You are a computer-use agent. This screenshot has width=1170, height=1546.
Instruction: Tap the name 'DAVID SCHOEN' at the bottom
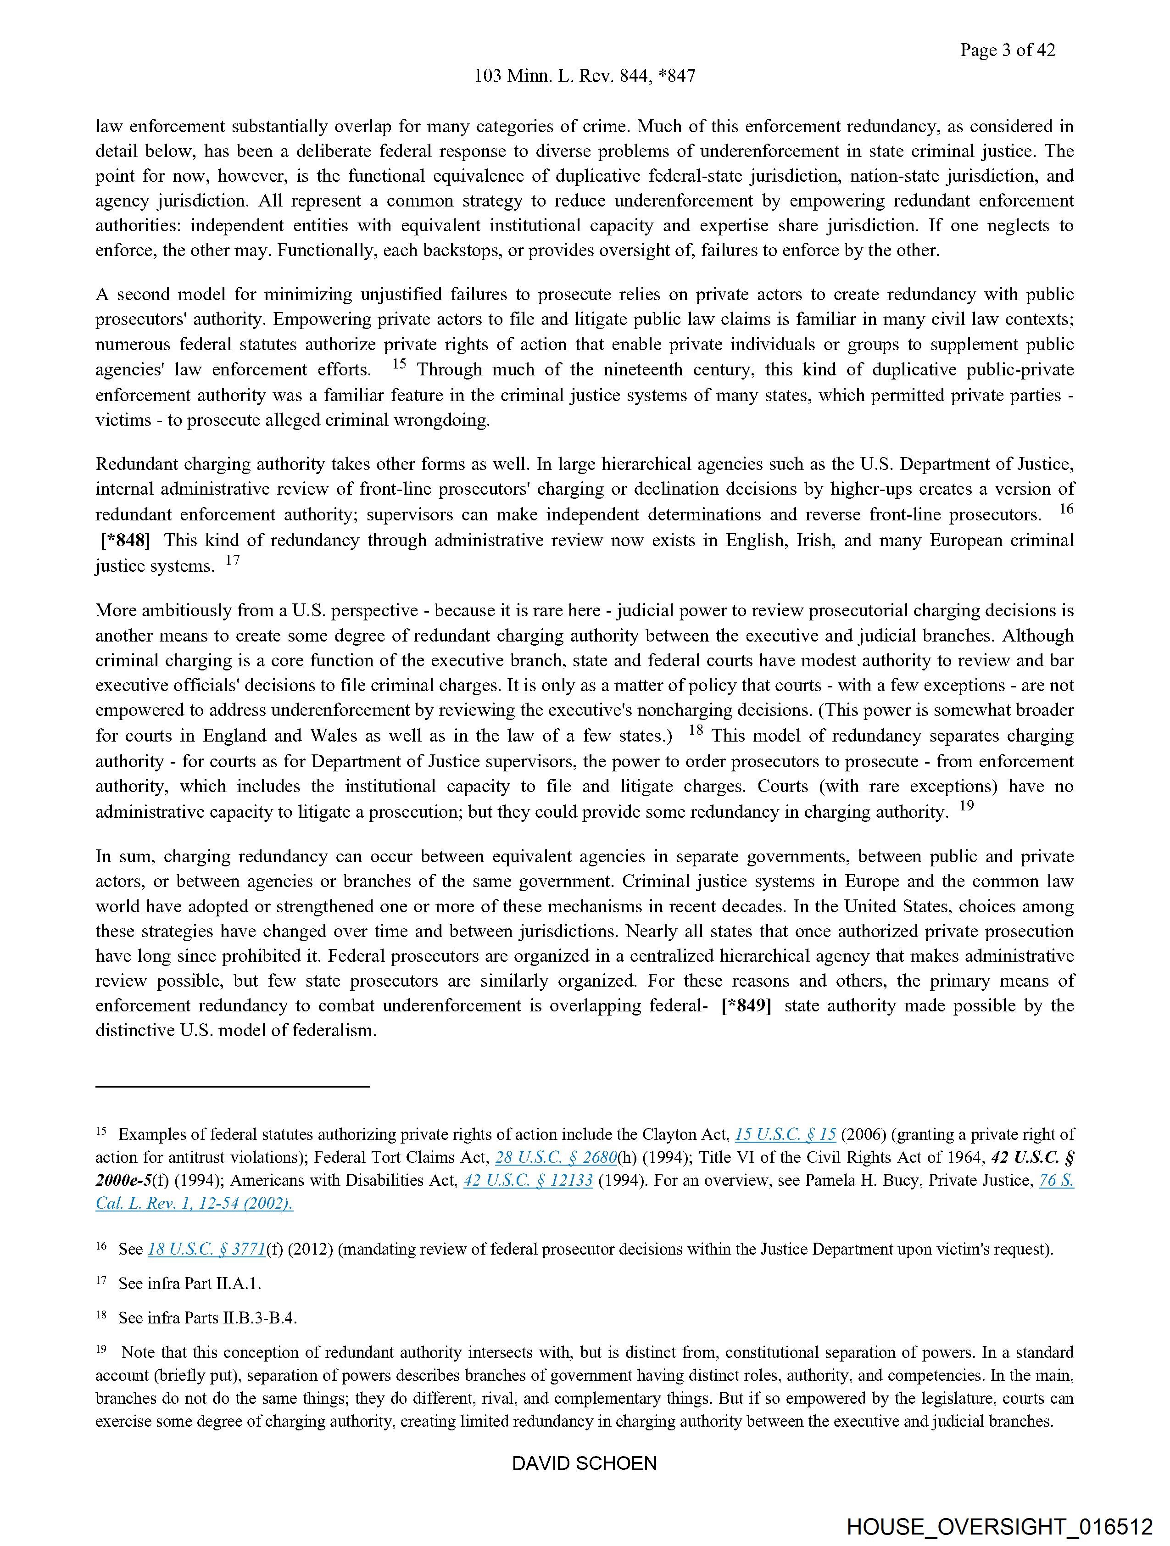point(584,1463)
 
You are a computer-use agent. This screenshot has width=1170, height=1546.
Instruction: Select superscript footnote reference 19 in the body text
point(966,806)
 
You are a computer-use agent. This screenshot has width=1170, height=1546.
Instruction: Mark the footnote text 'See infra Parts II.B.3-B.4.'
point(207,1318)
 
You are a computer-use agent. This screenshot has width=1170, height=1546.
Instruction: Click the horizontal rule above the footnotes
point(232,1087)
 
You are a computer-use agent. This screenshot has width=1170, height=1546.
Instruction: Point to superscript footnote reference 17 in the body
point(232,560)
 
